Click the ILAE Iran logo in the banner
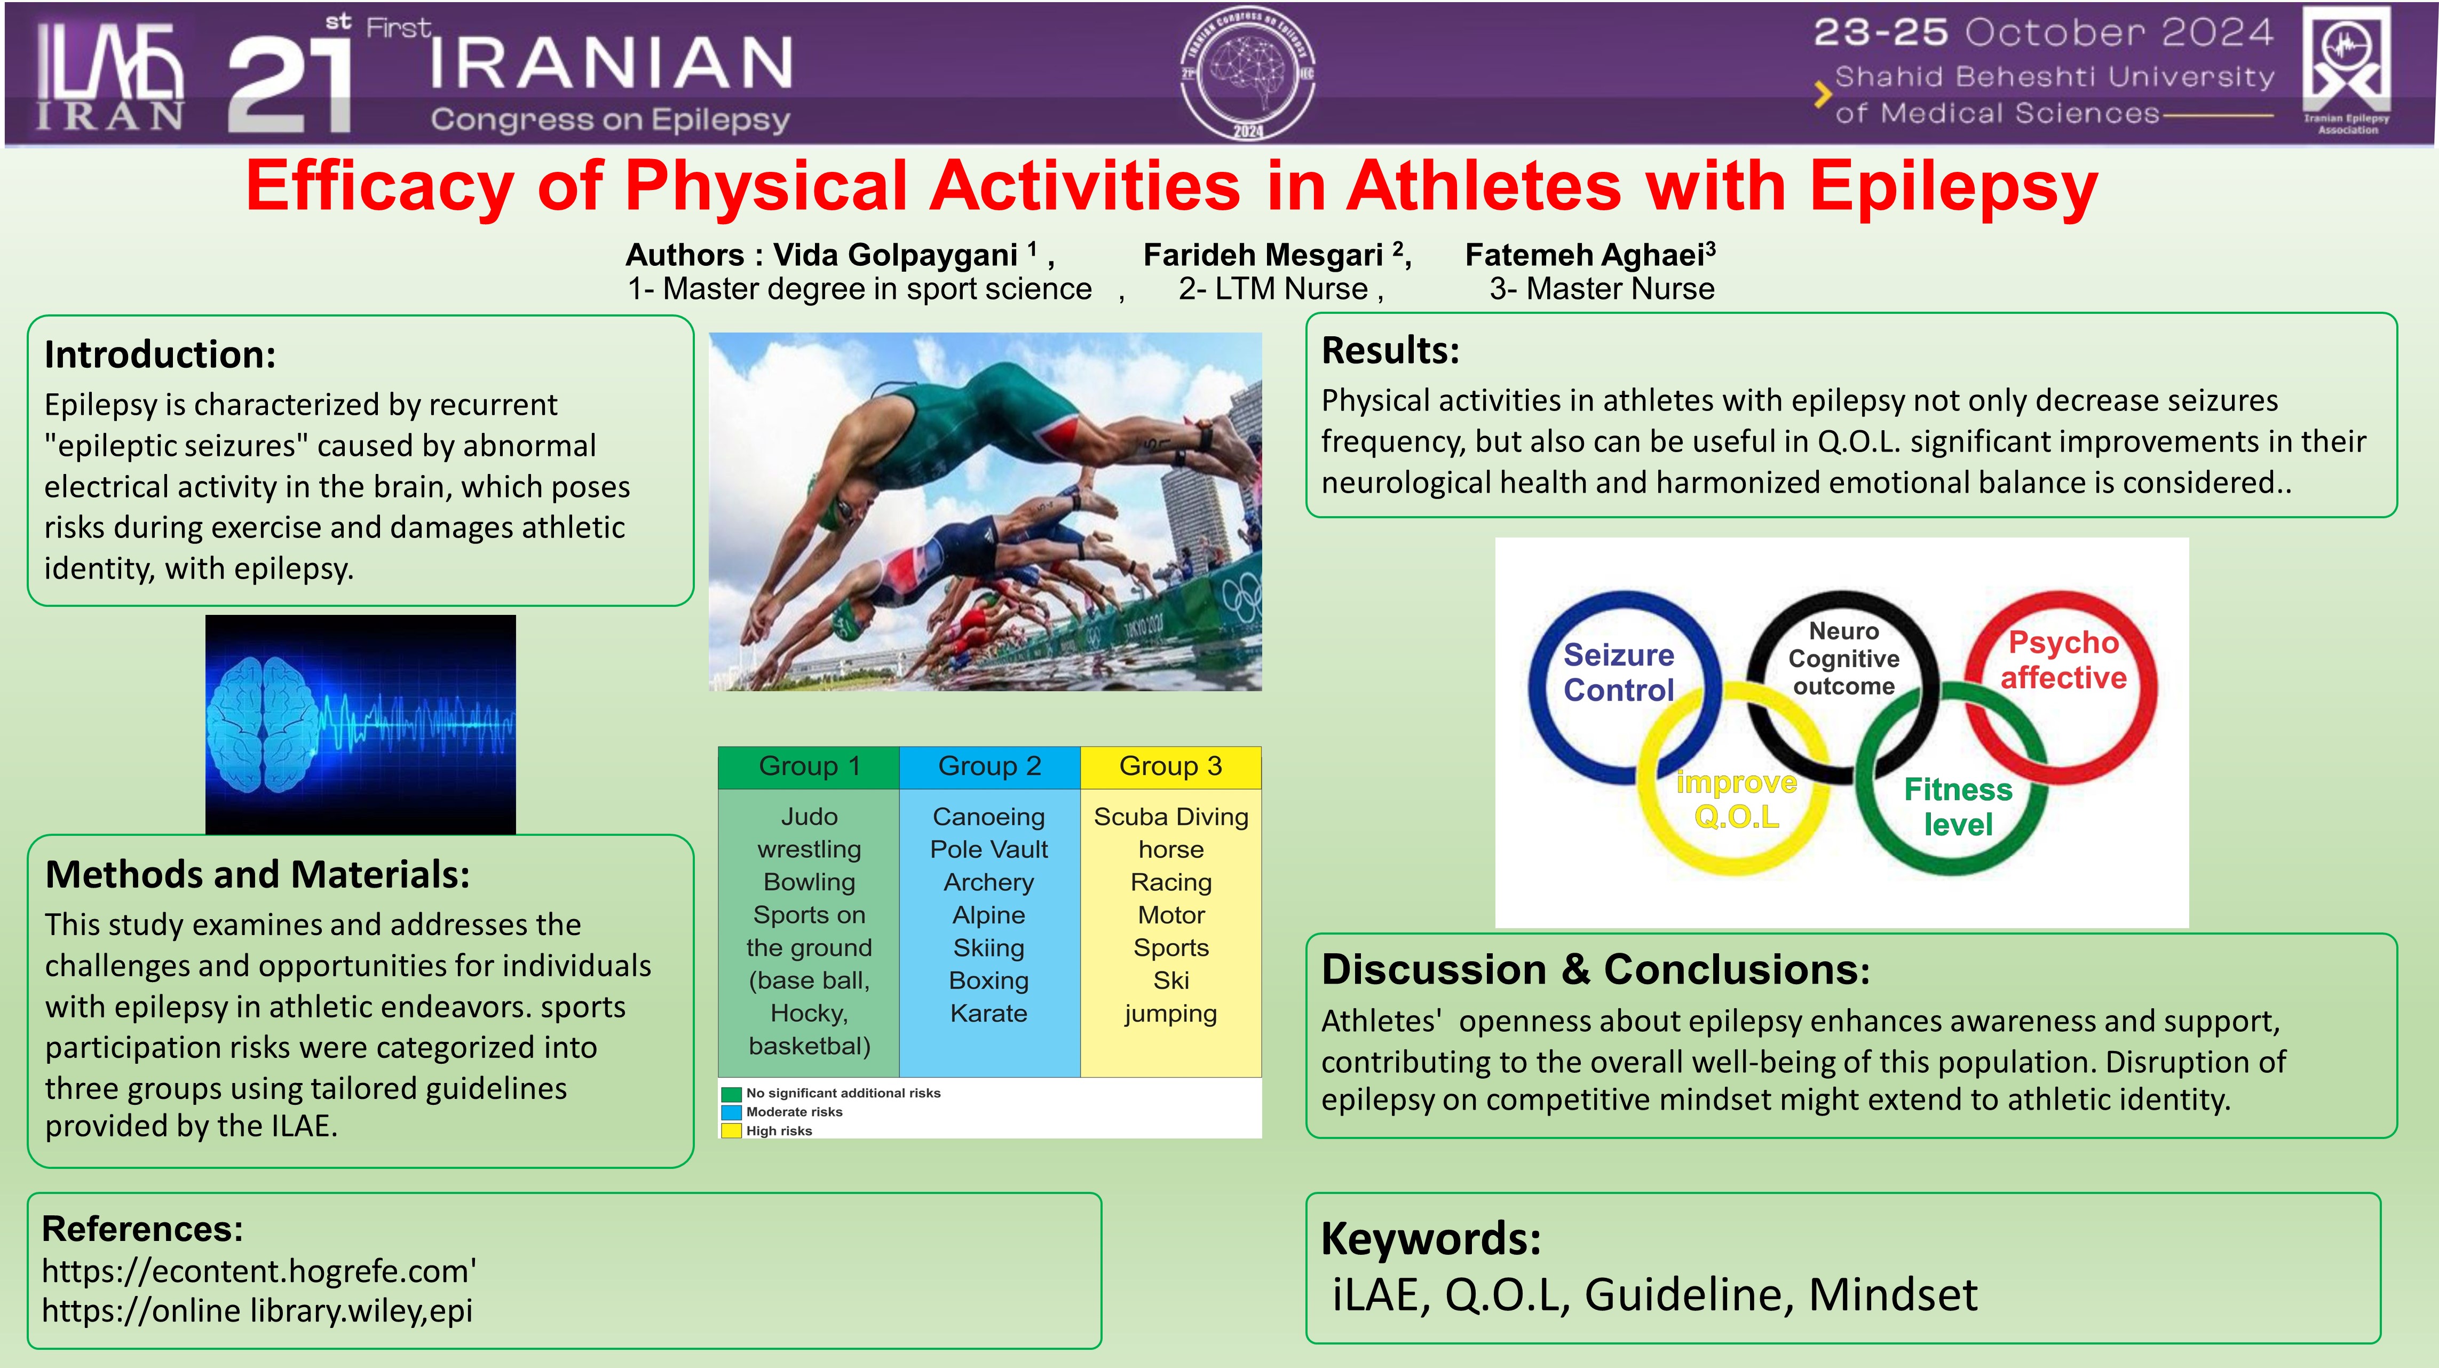pos(111,76)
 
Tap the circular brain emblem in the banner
pos(1248,74)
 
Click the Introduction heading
pos(160,354)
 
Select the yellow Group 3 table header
pos(1171,767)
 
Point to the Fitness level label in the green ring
pos(1958,806)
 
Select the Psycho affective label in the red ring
pos(2063,660)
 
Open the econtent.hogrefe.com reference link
pos(258,1270)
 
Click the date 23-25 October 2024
pos(2043,33)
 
